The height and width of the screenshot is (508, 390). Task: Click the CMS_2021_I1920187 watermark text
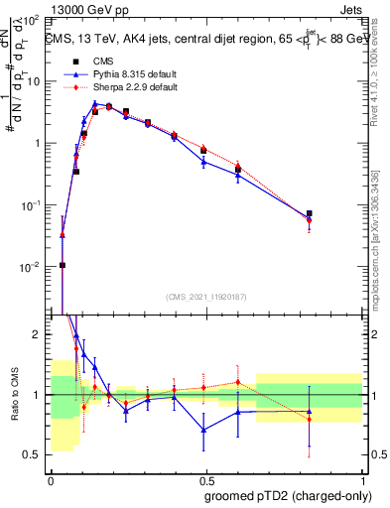(205, 297)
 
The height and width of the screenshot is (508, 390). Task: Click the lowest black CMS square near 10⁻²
(63, 265)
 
